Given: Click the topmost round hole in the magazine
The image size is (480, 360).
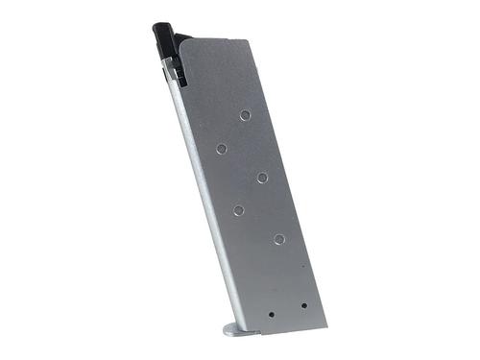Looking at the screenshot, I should pos(245,115).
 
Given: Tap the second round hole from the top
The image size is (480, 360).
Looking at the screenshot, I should pos(222,149).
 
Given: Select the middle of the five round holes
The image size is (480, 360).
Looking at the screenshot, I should pos(261,177).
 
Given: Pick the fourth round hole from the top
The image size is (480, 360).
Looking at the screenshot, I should pos(238,210).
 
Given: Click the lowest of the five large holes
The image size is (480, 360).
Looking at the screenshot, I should pos(278,238).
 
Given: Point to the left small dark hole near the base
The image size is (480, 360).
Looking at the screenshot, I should pos(272,313).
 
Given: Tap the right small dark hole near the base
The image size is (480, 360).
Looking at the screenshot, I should pos(303,306).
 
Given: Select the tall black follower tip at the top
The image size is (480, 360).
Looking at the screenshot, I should pos(159,38).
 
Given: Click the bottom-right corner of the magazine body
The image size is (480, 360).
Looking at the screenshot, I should pos(324,321).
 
